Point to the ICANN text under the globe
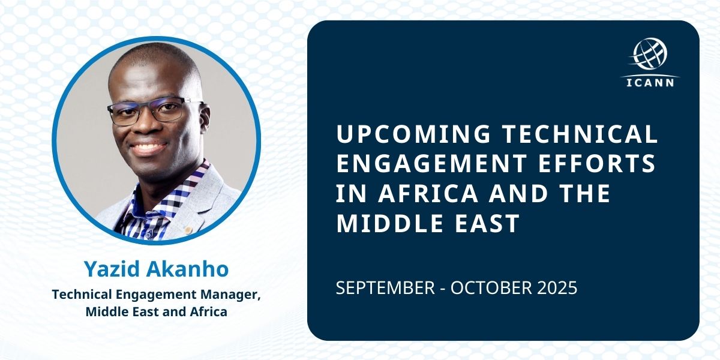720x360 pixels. click(651, 82)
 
